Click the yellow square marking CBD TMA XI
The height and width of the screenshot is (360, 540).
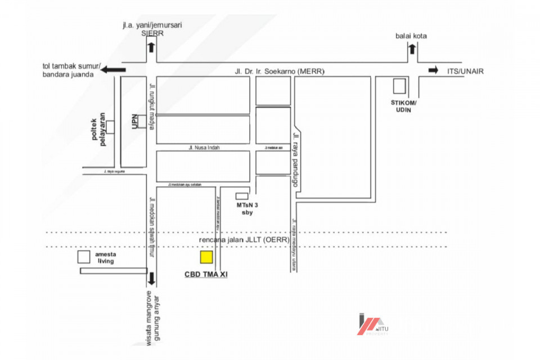pos(206,257)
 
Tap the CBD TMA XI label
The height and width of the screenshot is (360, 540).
pos(206,275)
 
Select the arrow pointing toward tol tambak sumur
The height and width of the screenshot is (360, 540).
pos(113,69)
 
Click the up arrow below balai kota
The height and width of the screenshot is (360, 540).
pos(412,49)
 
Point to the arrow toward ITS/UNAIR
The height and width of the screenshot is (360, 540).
pos(433,70)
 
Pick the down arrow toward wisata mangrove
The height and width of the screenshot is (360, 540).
pos(151,280)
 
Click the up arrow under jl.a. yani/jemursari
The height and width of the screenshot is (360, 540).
pos(151,47)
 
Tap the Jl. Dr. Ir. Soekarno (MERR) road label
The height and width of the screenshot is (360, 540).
pos(280,71)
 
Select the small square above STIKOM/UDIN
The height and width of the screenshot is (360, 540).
pos(399,87)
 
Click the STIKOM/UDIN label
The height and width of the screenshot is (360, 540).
pos(403,106)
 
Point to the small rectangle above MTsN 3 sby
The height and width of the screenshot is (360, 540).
pos(241,196)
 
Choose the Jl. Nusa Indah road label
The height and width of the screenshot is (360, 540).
pos(204,147)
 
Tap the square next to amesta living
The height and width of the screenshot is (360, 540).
pos(84,257)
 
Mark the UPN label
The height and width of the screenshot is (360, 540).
pos(134,123)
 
